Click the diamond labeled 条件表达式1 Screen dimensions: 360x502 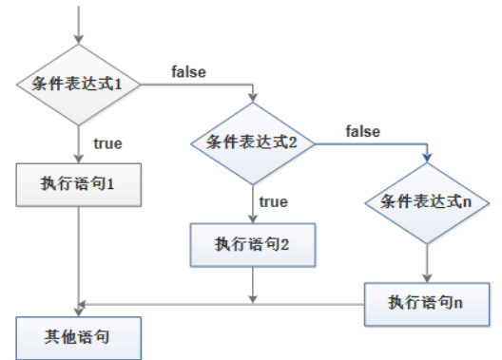click(80, 85)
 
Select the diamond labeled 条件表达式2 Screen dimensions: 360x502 click(253, 143)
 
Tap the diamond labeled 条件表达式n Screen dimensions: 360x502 click(425, 202)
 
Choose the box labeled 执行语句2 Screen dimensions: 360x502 click(253, 244)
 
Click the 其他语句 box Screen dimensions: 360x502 click(80, 337)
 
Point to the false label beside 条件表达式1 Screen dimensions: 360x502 click(189, 71)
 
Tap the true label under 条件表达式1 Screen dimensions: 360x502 click(106, 143)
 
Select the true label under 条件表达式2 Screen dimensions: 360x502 click(273, 201)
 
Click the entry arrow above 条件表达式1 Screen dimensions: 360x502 click(80, 24)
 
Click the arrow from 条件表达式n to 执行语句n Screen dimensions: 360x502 click(425, 266)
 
